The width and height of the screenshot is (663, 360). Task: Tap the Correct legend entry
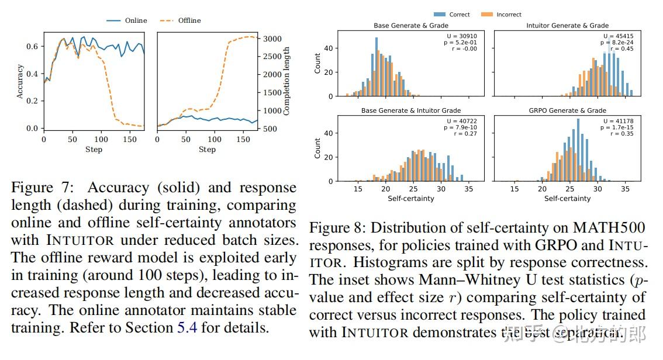(459, 15)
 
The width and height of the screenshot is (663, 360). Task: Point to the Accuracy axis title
(20, 82)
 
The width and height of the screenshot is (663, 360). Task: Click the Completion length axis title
(286, 82)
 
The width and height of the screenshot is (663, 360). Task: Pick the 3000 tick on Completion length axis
(271, 39)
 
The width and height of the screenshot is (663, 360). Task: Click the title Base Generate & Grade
(411, 26)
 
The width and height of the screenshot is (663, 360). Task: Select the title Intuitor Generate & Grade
(567, 26)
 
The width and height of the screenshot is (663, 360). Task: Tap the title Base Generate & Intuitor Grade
(411, 110)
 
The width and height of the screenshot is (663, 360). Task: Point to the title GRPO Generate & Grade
(567, 110)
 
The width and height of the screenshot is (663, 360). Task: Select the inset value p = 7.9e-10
(462, 127)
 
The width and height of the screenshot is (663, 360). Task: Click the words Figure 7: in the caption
(42, 188)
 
